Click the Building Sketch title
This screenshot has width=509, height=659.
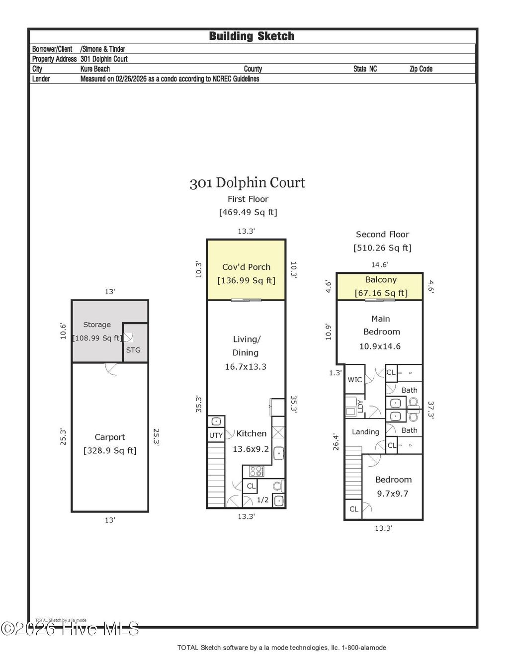pyautogui.click(x=252, y=36)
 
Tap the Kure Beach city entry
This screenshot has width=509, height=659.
pyautogui.click(x=95, y=69)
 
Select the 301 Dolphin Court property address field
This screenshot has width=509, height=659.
pyautogui.click(x=104, y=59)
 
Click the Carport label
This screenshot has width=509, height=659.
pyautogui.click(x=110, y=437)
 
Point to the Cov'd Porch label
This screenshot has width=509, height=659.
pyautogui.click(x=246, y=267)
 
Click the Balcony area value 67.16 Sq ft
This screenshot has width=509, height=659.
pyautogui.click(x=381, y=293)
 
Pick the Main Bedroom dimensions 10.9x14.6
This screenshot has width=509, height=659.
pyautogui.click(x=380, y=346)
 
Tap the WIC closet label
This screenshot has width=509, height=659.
pyautogui.click(x=354, y=380)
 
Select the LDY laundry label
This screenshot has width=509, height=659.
pyautogui.click(x=360, y=407)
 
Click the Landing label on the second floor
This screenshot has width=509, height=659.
pyautogui.click(x=365, y=432)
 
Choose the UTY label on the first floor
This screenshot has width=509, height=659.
pyautogui.click(x=216, y=435)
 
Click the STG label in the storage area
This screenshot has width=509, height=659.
pyautogui.click(x=133, y=350)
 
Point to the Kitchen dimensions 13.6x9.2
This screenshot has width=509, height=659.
pyautogui.click(x=251, y=449)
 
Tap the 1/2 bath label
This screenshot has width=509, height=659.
pyautogui.click(x=262, y=500)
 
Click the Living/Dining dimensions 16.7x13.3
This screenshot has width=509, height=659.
pyautogui.click(x=246, y=367)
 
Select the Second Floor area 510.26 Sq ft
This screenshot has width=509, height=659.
pyautogui.click(x=382, y=247)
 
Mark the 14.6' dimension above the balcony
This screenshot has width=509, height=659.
pyautogui.click(x=380, y=265)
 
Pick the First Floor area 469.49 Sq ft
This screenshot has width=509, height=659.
pyautogui.click(x=248, y=212)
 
